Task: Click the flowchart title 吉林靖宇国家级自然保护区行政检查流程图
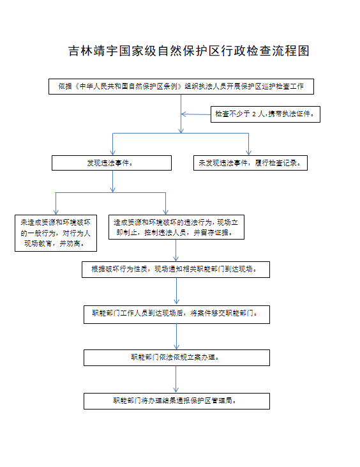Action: pyautogui.click(x=189, y=51)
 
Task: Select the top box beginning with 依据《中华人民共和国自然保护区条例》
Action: pyautogui.click(x=181, y=87)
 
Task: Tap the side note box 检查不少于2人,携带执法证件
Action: pyautogui.click(x=266, y=114)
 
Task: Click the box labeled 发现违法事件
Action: pyautogui.click(x=112, y=163)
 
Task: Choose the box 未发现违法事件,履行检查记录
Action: pyautogui.click(x=250, y=163)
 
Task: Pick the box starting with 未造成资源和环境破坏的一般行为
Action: pyautogui.click(x=56, y=233)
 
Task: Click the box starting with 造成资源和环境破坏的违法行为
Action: pyautogui.click(x=176, y=227)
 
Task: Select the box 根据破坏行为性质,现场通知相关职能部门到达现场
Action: pyautogui.click(x=176, y=270)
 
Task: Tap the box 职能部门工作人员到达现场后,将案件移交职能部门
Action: pyautogui.click(x=177, y=314)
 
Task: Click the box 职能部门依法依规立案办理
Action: pyautogui.click(x=177, y=358)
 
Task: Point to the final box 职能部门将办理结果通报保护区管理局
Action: pyautogui.click(x=177, y=401)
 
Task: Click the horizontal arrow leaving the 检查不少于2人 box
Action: pyautogui.click(x=196, y=114)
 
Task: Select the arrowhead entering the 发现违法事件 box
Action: pyautogui.click(x=113, y=153)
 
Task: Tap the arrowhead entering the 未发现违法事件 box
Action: pyautogui.click(x=249, y=153)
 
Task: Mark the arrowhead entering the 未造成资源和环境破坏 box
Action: pyautogui.click(x=56, y=212)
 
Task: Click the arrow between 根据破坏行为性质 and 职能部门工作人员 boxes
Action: pyautogui.click(x=176, y=291)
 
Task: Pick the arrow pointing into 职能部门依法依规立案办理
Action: pyautogui.click(x=176, y=337)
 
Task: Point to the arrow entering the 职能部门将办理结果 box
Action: pyautogui.click(x=176, y=379)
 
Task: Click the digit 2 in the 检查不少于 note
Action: pyautogui.click(x=254, y=114)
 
